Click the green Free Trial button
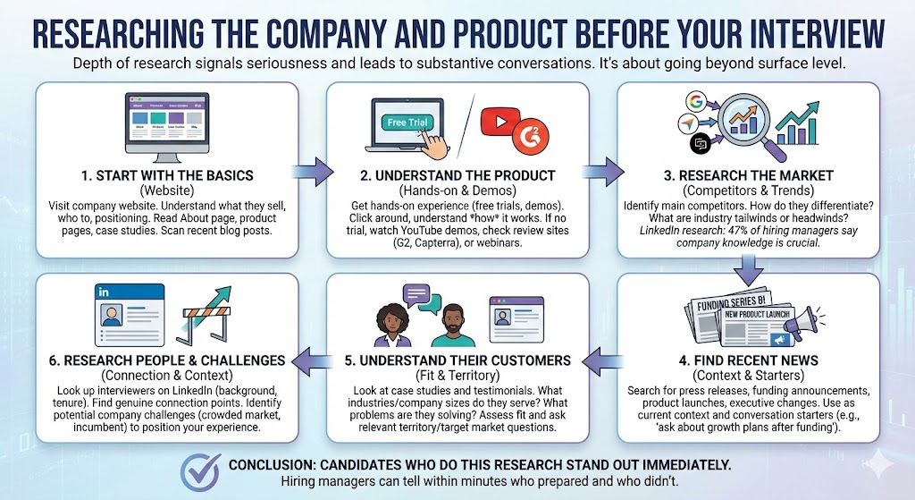(407, 123)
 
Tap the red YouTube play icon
(500, 122)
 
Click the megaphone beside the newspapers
(804, 325)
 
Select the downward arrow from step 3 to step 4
(749, 272)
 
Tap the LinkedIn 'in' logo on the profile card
(104, 292)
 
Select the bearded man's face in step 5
(453, 322)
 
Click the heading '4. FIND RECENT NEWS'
(749, 360)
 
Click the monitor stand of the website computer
(167, 157)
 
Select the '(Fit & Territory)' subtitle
(457, 375)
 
